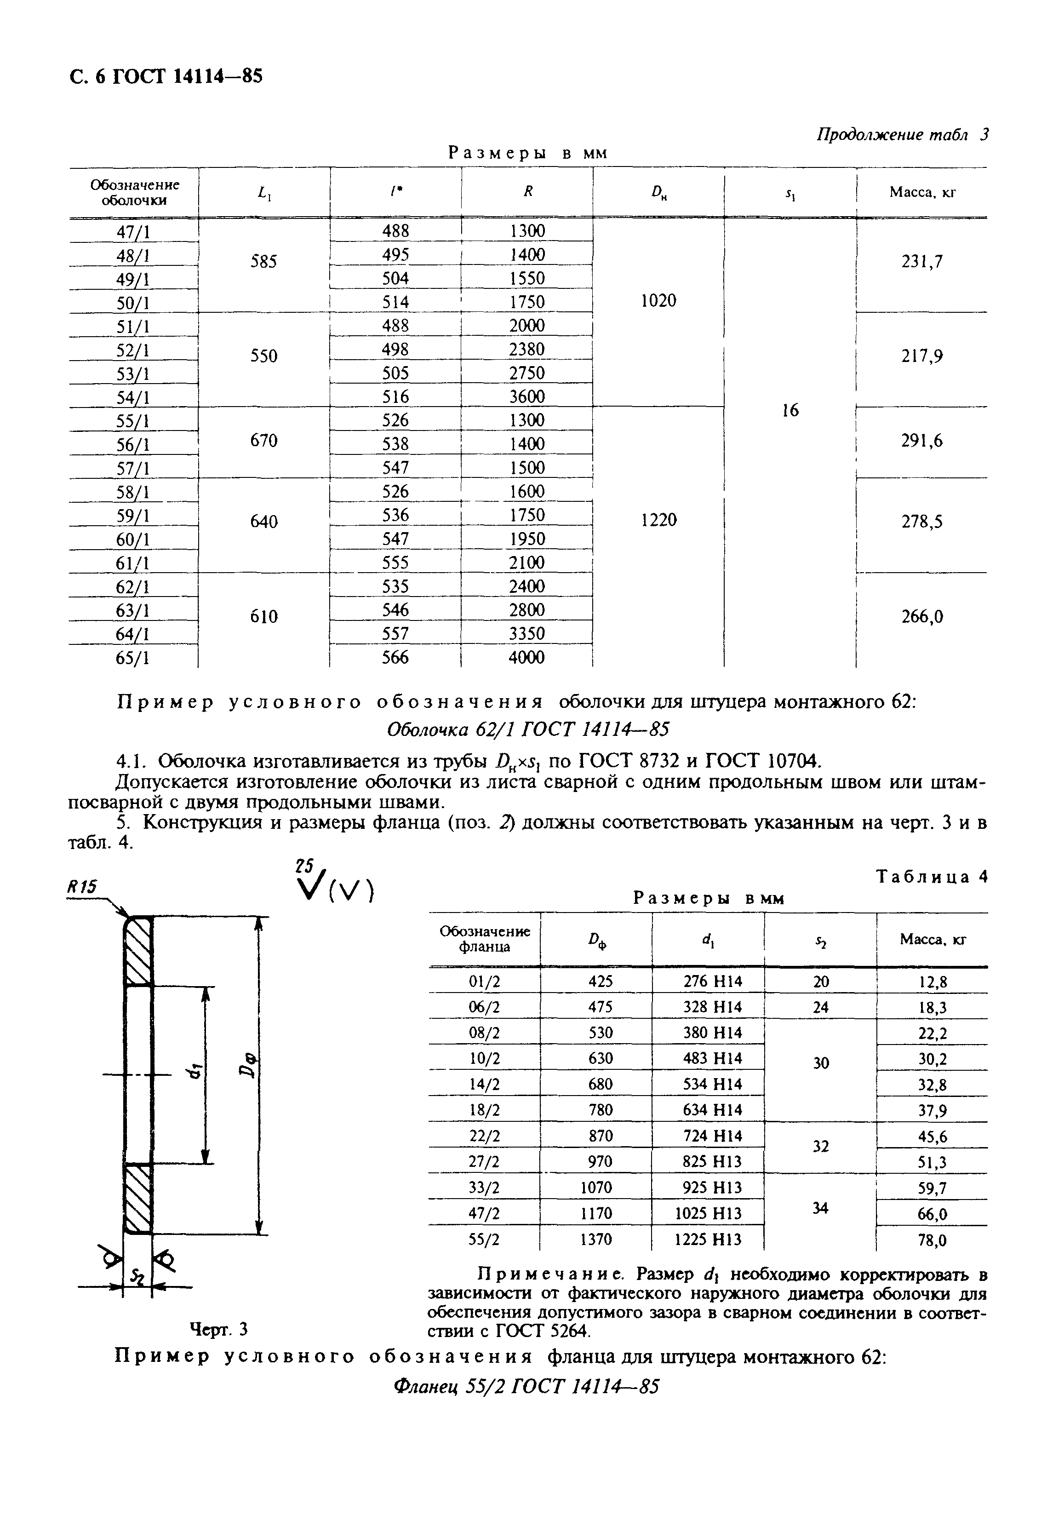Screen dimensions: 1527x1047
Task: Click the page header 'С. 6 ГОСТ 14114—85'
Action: (x=166, y=77)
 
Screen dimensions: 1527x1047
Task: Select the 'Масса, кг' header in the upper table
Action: (x=921, y=192)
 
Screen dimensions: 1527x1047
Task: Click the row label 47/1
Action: (x=133, y=232)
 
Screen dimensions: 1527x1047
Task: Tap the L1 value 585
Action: (x=263, y=262)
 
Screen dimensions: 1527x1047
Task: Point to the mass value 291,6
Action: (x=921, y=441)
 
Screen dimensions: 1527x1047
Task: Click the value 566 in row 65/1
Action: (x=395, y=658)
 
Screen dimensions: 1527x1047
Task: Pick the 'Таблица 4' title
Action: (x=932, y=877)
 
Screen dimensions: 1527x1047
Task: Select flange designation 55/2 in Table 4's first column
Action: (x=484, y=1239)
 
